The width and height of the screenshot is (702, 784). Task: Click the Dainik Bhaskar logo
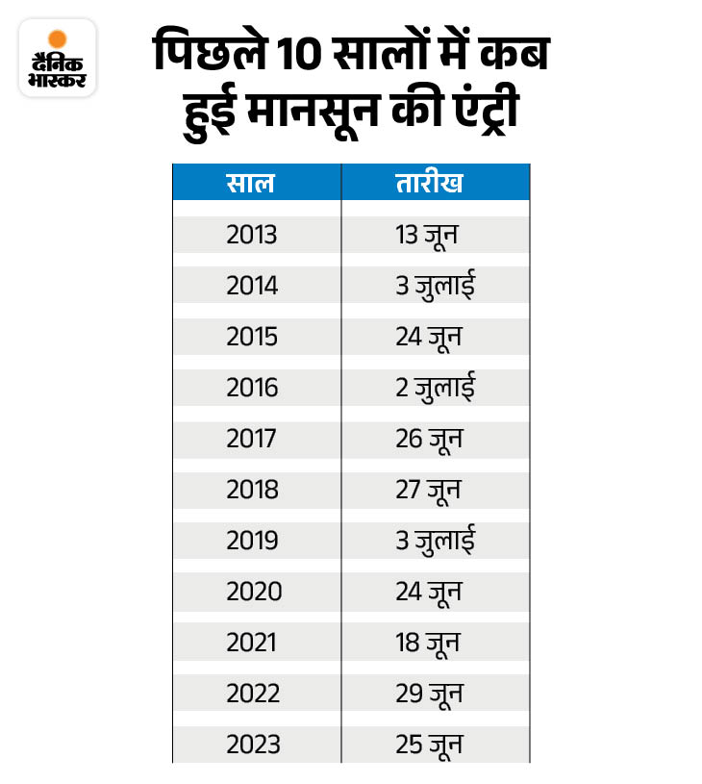pos(58,57)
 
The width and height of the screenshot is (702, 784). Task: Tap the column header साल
pos(251,183)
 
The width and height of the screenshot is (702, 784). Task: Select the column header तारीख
pos(429,183)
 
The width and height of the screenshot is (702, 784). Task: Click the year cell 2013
pos(252,235)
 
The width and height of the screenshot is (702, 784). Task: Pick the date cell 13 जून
pos(429,235)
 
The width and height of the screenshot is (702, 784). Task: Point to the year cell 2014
pos(252,286)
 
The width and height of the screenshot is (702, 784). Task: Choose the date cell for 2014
pos(435,286)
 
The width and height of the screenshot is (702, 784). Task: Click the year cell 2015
pos(252,337)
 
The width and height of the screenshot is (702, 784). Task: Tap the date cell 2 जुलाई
pos(435,388)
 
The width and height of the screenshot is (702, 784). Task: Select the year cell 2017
pos(252,439)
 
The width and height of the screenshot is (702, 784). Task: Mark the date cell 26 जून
pos(429,439)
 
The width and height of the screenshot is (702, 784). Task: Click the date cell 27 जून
pos(429,490)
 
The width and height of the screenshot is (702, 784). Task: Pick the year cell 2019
pos(252,541)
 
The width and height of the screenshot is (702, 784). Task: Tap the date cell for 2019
pos(435,541)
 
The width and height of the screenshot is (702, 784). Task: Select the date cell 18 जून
pos(429,643)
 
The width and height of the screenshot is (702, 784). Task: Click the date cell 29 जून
pos(429,694)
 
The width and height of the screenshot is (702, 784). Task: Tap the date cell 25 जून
pos(429,745)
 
